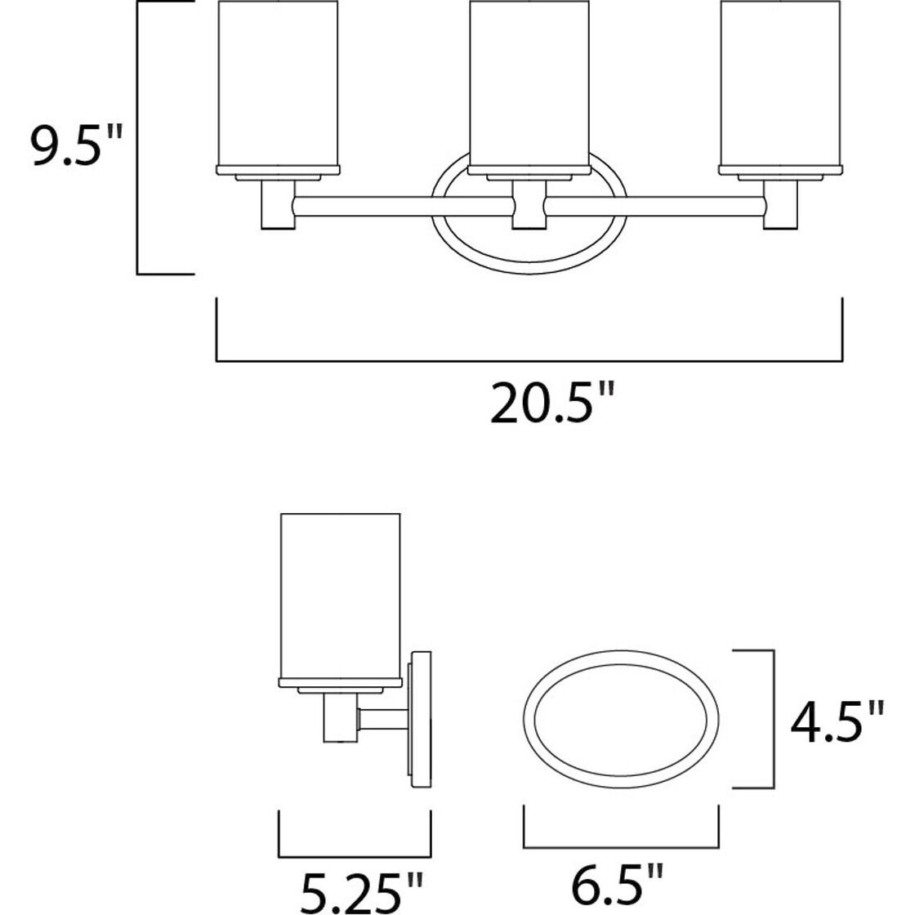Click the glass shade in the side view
point(340,596)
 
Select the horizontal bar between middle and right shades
point(654,203)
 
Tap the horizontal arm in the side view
point(384,720)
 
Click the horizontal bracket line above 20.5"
point(529,360)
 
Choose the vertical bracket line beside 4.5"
point(772,720)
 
